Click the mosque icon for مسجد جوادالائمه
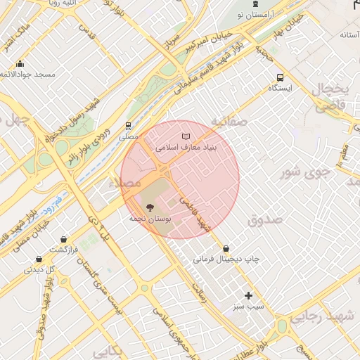click(20, 63)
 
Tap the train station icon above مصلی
click(128, 126)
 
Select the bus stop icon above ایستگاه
click(281, 78)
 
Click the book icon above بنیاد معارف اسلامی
click(186, 136)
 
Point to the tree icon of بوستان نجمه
click(149, 207)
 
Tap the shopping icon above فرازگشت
click(64, 239)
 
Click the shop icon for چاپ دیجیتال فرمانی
click(226, 248)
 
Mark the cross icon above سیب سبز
click(247, 295)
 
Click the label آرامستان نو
click(255, 14)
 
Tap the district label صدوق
click(264, 220)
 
